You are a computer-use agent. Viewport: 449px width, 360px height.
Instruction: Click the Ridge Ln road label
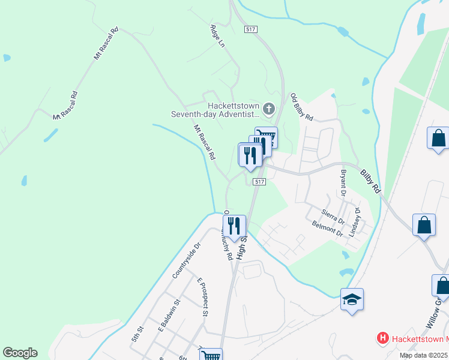[x=217, y=36]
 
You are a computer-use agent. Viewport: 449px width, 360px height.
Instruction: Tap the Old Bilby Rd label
[x=302, y=108]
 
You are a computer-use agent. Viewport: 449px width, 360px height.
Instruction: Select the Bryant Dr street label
[x=344, y=183]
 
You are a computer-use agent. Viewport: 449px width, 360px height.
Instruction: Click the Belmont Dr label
[x=327, y=229]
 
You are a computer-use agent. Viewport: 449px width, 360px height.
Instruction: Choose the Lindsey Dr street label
[x=355, y=221]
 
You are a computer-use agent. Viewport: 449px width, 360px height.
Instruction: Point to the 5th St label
[x=138, y=334]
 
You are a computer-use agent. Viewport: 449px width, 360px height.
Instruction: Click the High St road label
[x=241, y=247]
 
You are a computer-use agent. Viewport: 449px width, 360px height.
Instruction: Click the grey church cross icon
[x=269, y=109]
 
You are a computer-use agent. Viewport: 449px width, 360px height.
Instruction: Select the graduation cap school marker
[x=352, y=299]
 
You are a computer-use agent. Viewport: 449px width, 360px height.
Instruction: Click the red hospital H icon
[x=382, y=338]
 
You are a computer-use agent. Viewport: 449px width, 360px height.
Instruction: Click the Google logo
[x=20, y=353]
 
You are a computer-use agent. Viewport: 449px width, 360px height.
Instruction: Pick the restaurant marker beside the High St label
[x=234, y=226]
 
